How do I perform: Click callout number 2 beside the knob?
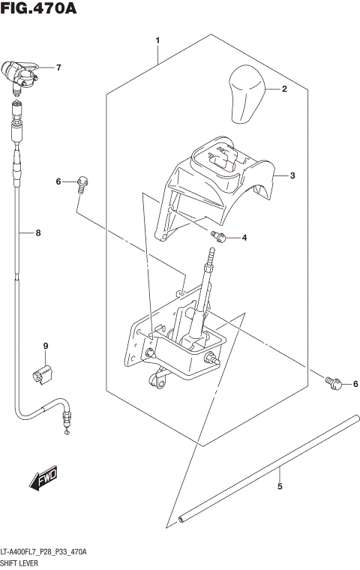point(284,89)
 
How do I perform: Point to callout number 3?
point(292,175)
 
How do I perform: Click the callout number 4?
point(243,238)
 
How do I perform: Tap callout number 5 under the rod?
point(280,487)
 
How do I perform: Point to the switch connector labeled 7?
point(21,74)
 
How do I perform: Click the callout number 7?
point(58,67)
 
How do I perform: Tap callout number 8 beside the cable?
point(38,232)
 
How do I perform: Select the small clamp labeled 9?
point(43,373)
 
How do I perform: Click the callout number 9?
point(45,346)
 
